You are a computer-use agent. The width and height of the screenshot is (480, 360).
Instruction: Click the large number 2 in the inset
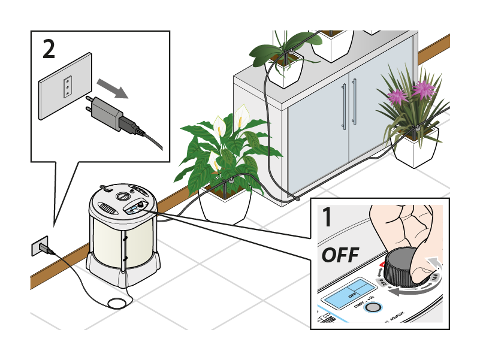coord(49,50)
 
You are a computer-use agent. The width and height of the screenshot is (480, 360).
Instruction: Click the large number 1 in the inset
coord(327,217)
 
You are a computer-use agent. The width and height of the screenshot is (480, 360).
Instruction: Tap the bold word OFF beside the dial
coord(340,255)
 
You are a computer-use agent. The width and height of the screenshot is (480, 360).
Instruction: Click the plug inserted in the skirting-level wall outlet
coord(43,247)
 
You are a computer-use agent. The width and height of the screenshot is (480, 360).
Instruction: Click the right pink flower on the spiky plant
coord(424,90)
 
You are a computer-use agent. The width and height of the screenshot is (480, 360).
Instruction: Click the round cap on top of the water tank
coord(123,196)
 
